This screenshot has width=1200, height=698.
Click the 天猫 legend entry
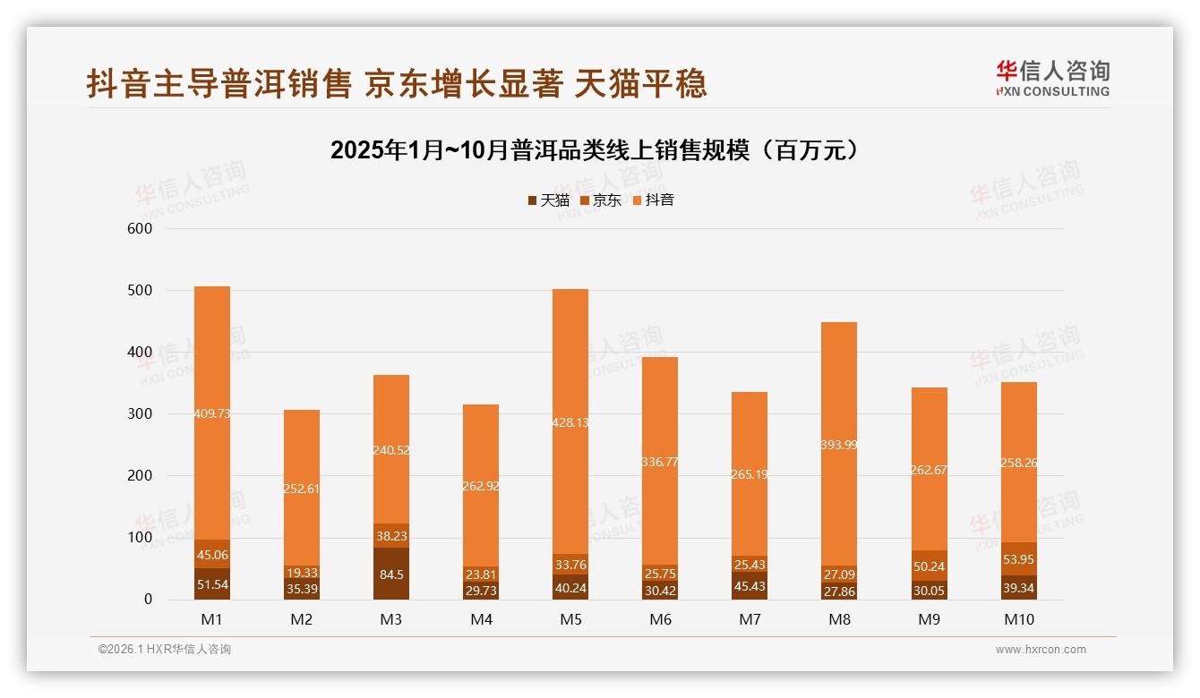click(549, 200)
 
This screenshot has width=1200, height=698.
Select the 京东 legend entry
click(601, 200)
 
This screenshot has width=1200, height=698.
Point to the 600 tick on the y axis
click(141, 229)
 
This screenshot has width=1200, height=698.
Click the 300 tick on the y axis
click(141, 414)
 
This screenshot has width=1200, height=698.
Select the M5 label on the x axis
click(570, 619)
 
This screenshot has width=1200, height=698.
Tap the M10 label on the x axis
click(1018, 619)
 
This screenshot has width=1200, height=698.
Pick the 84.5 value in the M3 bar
click(391, 575)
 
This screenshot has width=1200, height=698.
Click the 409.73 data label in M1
click(212, 413)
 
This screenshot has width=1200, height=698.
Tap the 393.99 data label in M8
click(839, 445)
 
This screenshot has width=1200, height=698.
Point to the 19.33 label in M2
click(302, 573)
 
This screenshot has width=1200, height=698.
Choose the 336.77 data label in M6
click(660, 462)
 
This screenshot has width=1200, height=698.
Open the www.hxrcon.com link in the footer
click(1041, 650)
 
